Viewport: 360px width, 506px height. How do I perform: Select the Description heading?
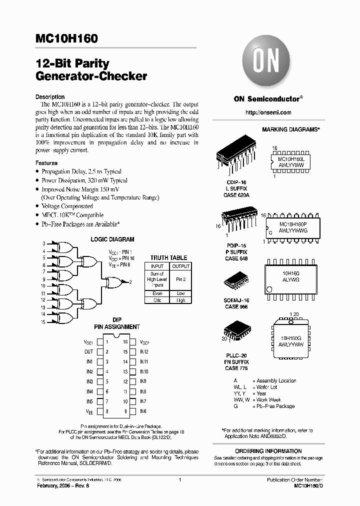click(x=50, y=97)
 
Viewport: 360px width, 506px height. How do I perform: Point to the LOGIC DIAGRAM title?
click(x=112, y=239)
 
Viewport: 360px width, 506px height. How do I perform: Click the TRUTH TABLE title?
click(x=168, y=258)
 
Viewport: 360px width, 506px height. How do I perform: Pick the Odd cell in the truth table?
click(x=157, y=300)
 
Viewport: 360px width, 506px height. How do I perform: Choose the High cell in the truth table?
click(x=180, y=300)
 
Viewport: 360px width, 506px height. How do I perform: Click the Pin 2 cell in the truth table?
click(x=180, y=279)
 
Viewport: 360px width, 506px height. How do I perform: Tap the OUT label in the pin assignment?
click(x=89, y=351)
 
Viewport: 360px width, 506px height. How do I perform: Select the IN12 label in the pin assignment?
click(x=144, y=351)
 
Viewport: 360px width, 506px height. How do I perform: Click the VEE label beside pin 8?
click(x=89, y=411)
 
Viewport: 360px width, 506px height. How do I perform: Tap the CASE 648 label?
click(x=236, y=258)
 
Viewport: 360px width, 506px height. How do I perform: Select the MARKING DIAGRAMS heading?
click(x=290, y=129)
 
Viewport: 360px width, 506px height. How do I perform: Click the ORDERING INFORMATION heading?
click(x=289, y=451)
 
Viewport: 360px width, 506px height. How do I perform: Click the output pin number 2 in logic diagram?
click(x=130, y=282)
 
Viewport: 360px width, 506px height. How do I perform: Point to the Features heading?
click(x=46, y=163)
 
